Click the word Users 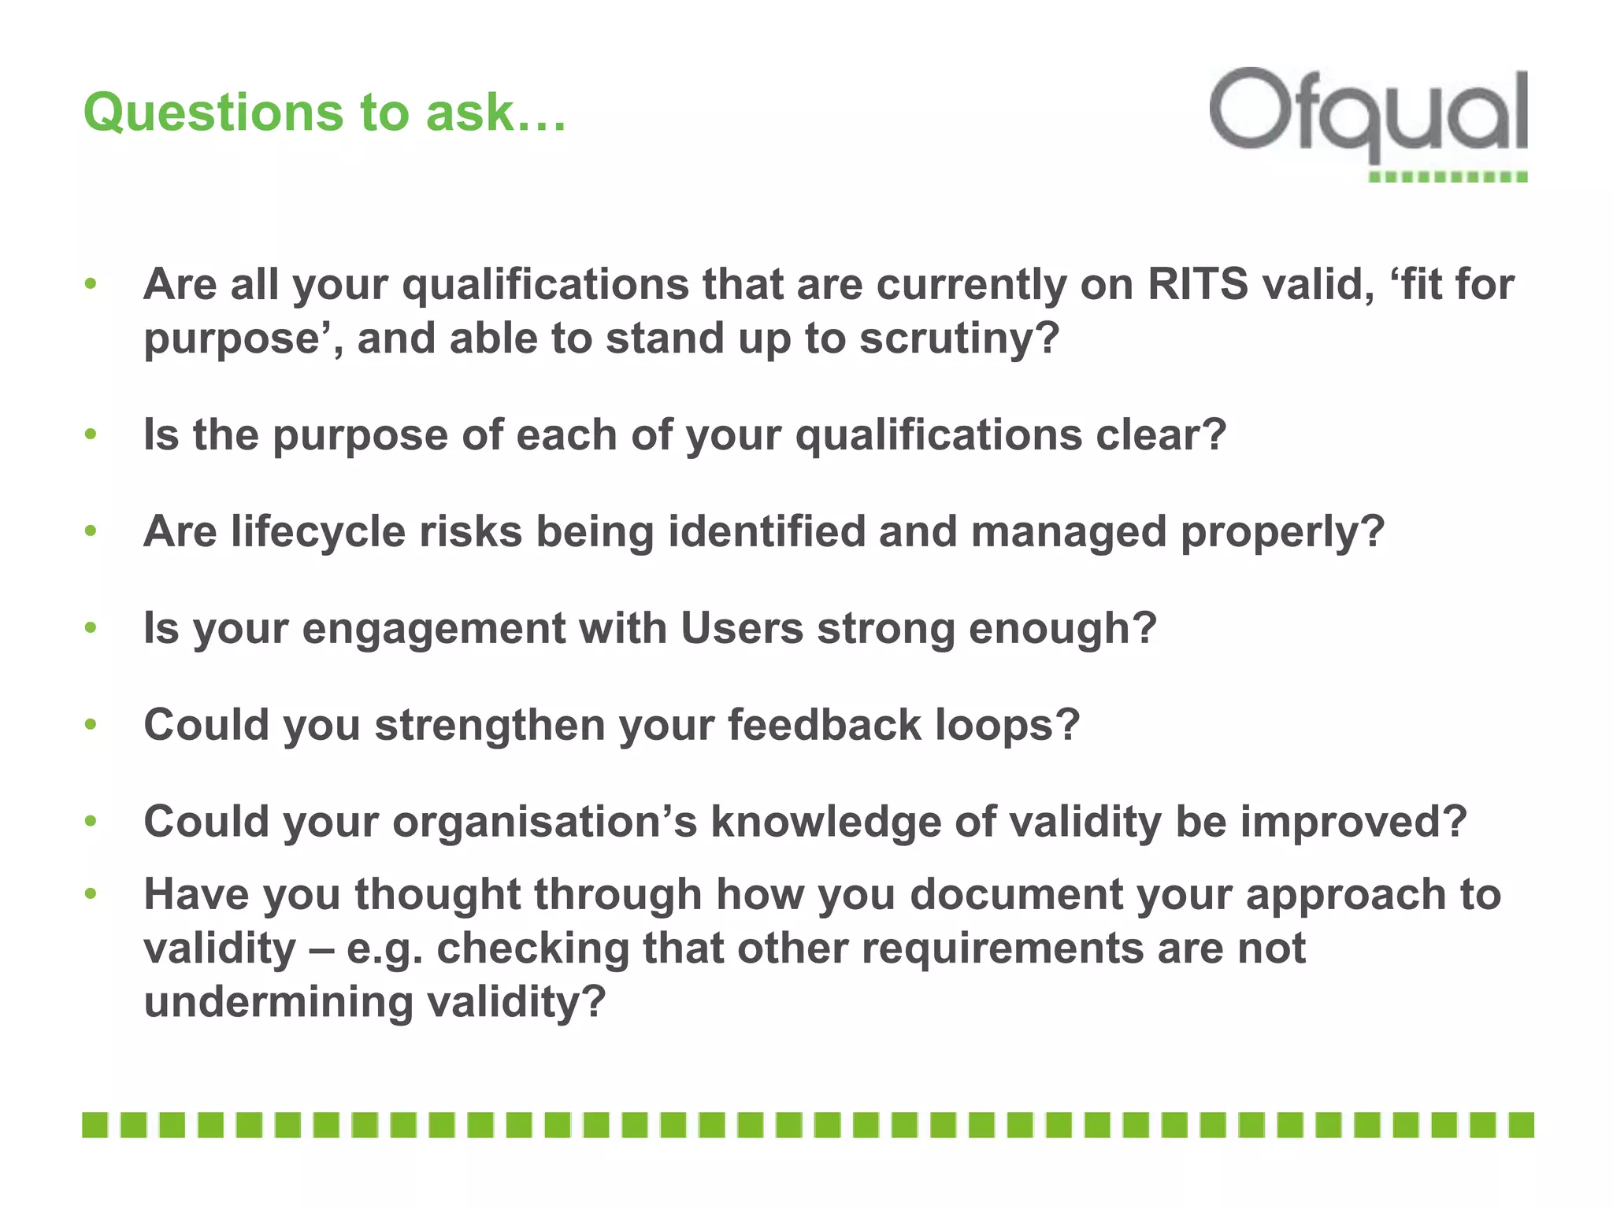pyautogui.click(x=742, y=628)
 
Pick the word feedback pyautogui.click(x=824, y=724)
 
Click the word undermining pyautogui.click(x=278, y=1002)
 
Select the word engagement pyautogui.click(x=434, y=629)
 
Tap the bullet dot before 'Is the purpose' pyautogui.click(x=91, y=434)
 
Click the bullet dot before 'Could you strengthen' pyautogui.click(x=91, y=724)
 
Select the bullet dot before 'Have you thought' pyautogui.click(x=91, y=893)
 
